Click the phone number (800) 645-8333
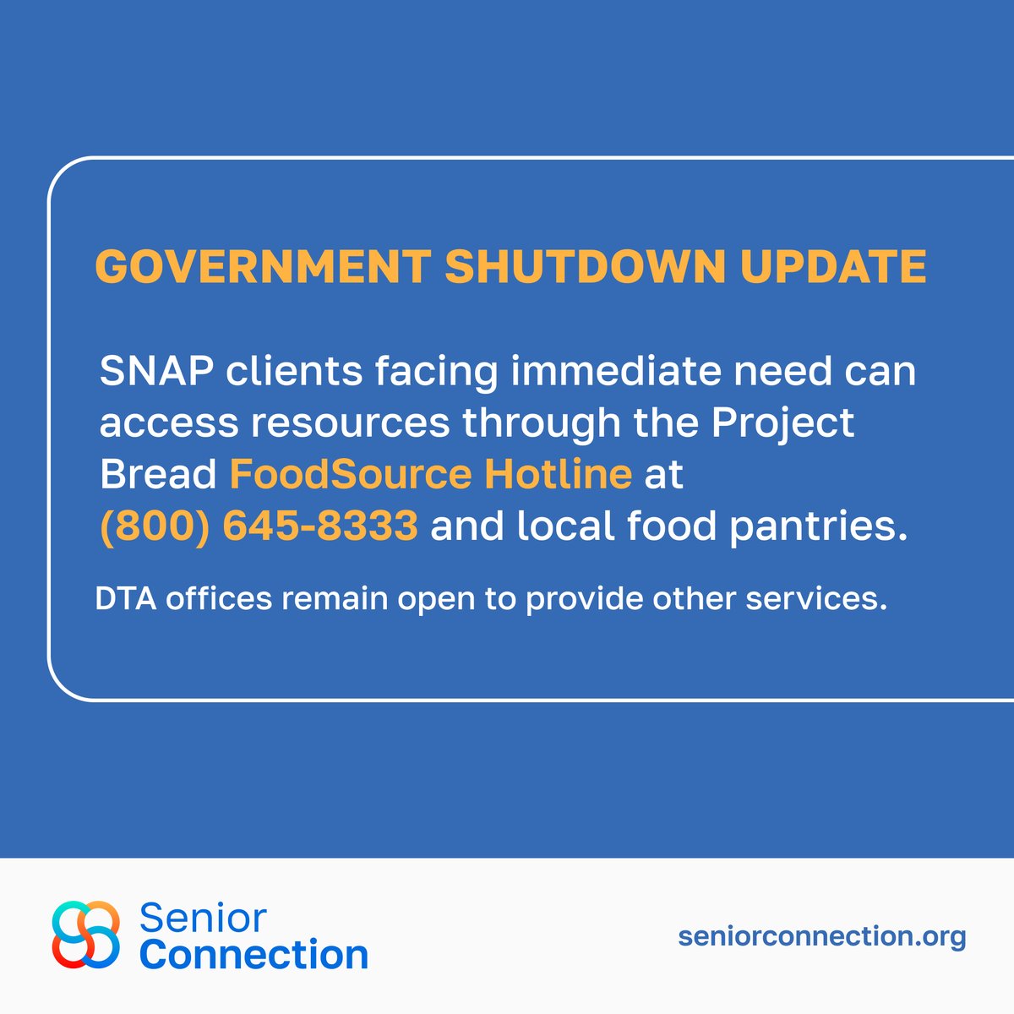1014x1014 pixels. pos(259,526)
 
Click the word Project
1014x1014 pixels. pos(782,422)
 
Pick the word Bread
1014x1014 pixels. pos(158,474)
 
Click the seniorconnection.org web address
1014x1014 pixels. pos(821,935)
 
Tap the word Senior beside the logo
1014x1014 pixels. pos(203,917)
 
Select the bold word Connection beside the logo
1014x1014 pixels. pos(253,955)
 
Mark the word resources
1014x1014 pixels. pos(349,422)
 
